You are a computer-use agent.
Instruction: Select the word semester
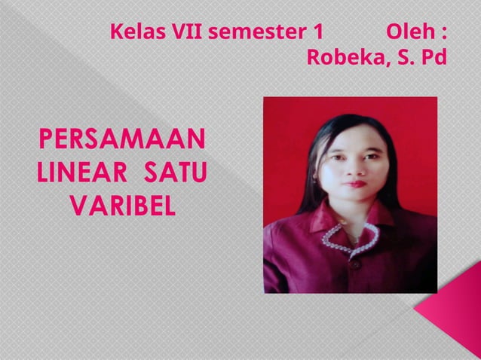[251, 33]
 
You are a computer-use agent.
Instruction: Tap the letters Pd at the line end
[434, 57]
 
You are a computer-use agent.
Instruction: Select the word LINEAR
[82, 172]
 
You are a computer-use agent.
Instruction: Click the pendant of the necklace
[353, 239]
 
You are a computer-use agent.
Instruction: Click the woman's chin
[354, 198]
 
